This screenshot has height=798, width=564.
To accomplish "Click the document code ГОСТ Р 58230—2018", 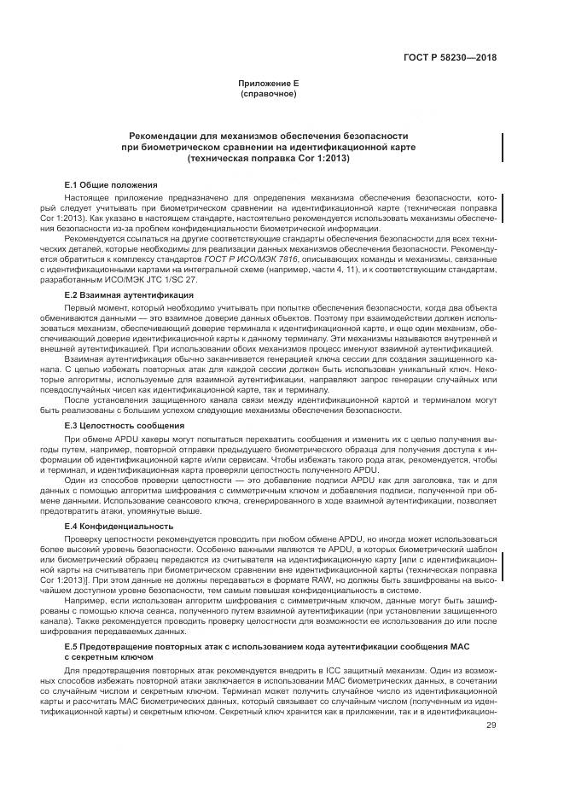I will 451,58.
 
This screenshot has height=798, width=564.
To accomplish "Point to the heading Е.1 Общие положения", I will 111,184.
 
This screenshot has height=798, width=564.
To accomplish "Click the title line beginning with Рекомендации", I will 268,136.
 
